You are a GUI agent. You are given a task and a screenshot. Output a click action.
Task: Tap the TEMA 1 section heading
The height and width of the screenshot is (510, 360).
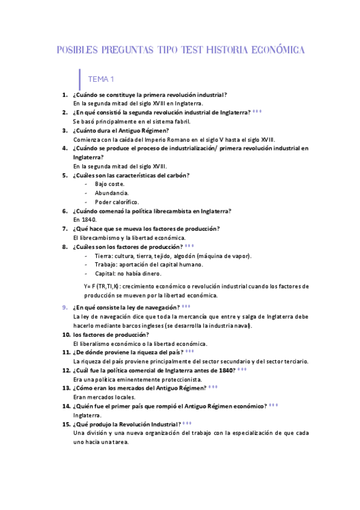(100, 79)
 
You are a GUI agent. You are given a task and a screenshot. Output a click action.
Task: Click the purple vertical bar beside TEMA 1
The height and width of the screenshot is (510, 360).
(80, 79)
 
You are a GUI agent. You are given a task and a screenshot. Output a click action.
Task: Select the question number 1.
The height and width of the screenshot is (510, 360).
(64, 95)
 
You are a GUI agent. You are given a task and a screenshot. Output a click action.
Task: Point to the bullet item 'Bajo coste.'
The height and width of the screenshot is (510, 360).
(109, 183)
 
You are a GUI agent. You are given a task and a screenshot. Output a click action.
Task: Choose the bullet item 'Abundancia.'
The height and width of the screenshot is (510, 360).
(111, 192)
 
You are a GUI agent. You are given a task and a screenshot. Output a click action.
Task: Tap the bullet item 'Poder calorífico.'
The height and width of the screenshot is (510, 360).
(117, 201)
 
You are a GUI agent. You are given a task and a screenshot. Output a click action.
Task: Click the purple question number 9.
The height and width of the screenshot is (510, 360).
(65, 307)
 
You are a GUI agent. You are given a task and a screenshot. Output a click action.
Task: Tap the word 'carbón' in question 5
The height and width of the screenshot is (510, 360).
(175, 175)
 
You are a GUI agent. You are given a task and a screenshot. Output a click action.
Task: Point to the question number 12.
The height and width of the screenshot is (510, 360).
(66, 370)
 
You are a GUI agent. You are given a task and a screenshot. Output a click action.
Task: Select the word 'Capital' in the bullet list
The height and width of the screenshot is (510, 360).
(105, 274)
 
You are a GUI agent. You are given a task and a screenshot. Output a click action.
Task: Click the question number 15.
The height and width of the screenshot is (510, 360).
(66, 424)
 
